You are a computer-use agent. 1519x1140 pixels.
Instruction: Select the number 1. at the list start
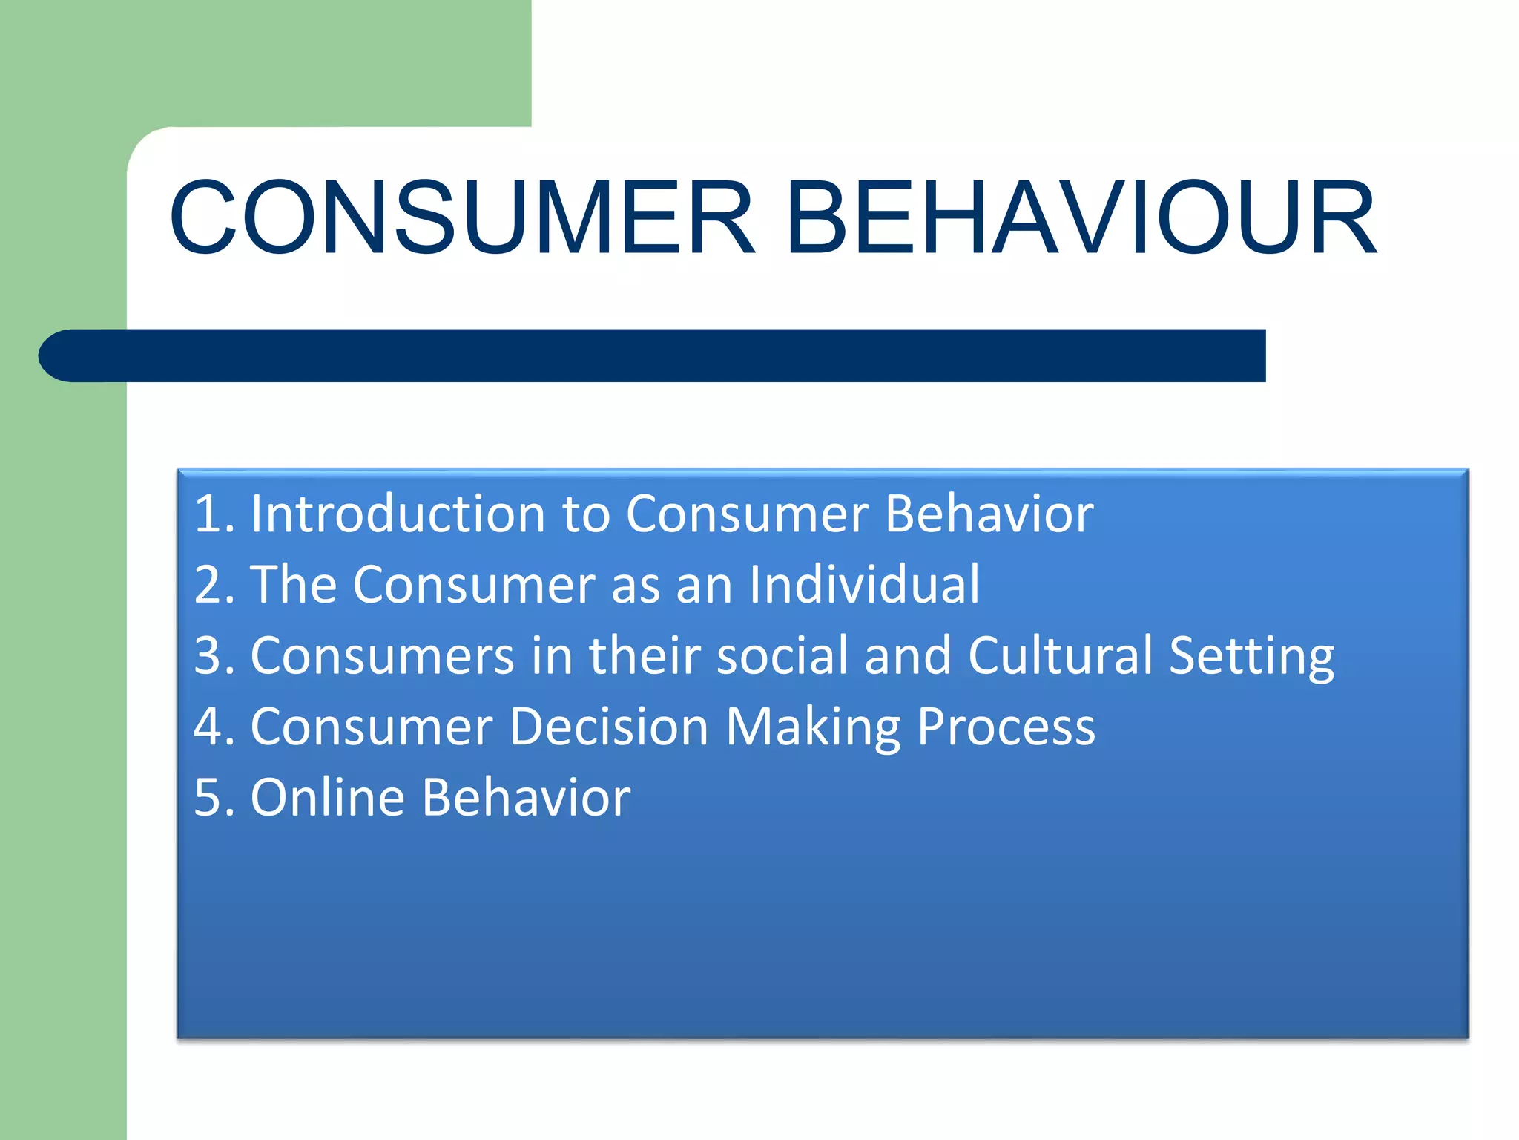point(214,514)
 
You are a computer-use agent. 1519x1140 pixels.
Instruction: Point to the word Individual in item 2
point(864,585)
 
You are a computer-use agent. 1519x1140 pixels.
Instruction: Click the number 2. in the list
point(214,585)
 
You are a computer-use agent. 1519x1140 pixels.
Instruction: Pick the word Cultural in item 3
point(1060,655)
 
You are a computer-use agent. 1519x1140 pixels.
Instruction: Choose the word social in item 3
point(782,655)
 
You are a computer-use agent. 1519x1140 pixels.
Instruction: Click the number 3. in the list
point(214,655)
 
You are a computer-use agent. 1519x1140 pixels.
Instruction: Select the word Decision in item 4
point(608,727)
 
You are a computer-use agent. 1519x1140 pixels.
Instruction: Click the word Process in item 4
point(1006,727)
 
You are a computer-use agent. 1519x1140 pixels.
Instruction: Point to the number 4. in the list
point(214,727)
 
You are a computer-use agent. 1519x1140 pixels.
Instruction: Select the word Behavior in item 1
point(989,514)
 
